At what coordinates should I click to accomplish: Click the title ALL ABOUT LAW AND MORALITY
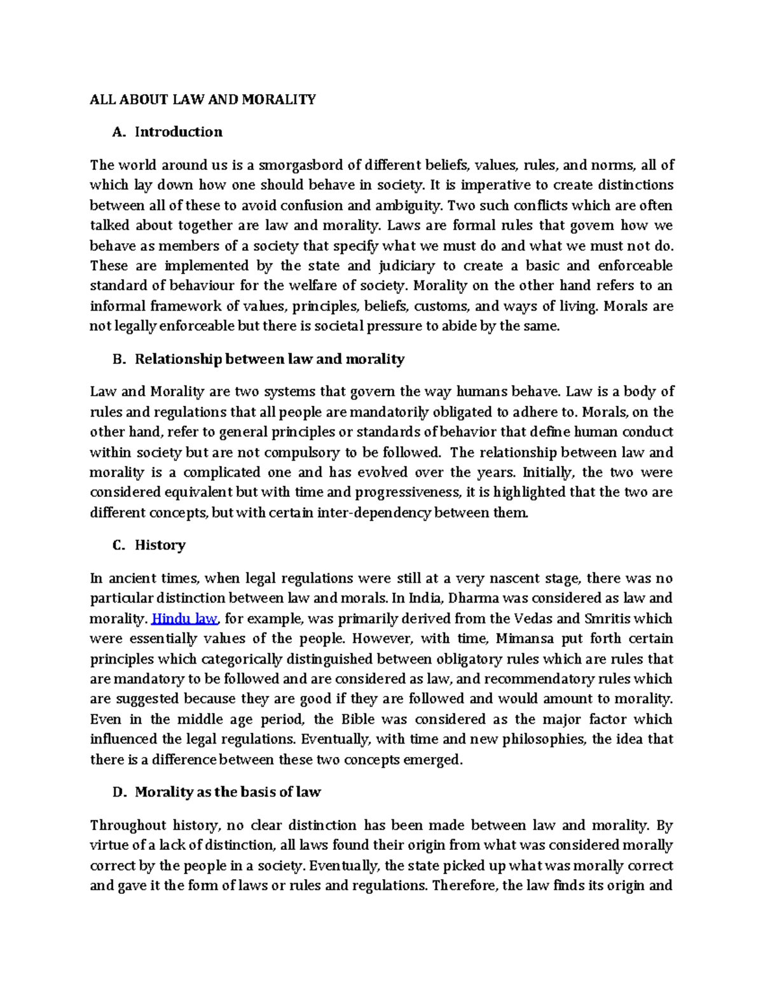[202, 99]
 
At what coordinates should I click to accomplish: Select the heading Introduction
[178, 132]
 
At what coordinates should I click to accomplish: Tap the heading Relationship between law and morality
[269, 359]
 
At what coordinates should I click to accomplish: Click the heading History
[160, 545]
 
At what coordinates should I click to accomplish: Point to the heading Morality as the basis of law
[227, 792]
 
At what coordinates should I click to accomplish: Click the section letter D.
[117, 792]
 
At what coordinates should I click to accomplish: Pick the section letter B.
[117, 359]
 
